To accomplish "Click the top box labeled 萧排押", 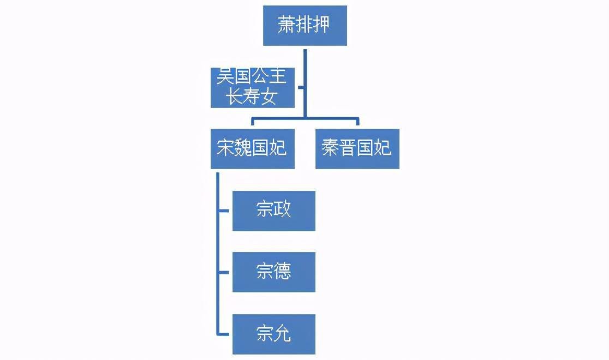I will (x=304, y=26).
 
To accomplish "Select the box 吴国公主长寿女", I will (x=253, y=87).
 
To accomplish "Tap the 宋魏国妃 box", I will (x=252, y=148).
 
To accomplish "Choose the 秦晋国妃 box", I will (x=357, y=148).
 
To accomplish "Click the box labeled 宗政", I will (x=273, y=211).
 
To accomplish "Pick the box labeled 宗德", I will (x=273, y=272).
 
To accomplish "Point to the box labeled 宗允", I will (x=273, y=334).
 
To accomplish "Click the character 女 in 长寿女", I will (x=270, y=97).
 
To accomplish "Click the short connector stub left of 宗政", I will (x=225, y=210).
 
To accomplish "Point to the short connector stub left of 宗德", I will (x=225, y=272).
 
